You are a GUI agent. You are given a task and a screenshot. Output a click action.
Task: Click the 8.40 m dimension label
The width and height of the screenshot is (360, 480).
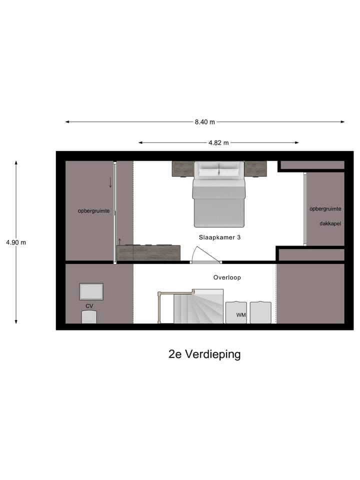[x=205, y=122]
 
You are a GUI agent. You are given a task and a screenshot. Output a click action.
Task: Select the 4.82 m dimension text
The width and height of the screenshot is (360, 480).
[x=218, y=142]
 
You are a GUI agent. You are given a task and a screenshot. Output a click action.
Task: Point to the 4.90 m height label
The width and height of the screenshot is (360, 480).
[x=16, y=242]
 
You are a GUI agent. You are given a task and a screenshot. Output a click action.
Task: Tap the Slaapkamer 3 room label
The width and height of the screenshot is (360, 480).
[x=219, y=238]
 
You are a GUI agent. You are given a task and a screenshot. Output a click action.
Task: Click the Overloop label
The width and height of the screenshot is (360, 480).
[x=227, y=277]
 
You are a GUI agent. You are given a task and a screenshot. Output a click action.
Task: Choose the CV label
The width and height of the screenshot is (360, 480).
[x=89, y=305]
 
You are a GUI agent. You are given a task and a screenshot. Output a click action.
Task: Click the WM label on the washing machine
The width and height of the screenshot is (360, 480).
[x=241, y=315]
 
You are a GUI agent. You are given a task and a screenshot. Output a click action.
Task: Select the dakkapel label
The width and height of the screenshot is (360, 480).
[x=330, y=223]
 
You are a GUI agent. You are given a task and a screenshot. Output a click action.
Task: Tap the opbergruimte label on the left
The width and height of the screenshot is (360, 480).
[x=93, y=211]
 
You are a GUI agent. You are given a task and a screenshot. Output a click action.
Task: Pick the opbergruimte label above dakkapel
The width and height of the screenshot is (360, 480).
[x=325, y=208]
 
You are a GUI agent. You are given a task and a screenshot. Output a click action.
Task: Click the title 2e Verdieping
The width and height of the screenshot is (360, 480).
[x=204, y=354]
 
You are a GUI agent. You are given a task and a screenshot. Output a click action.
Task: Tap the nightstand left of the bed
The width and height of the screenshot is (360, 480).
[x=183, y=169]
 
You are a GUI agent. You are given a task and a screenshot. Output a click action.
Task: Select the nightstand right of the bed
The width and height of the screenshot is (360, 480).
[x=255, y=169]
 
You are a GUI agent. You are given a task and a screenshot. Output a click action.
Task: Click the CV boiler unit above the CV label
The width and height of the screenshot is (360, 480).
[x=91, y=291]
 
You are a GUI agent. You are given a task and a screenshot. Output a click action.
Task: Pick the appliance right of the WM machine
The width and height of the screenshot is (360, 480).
[x=260, y=312]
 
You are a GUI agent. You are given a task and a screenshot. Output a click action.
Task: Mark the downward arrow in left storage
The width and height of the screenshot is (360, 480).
[x=110, y=182]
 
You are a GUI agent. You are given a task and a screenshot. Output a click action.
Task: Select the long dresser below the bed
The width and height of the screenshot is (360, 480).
[x=148, y=252]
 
